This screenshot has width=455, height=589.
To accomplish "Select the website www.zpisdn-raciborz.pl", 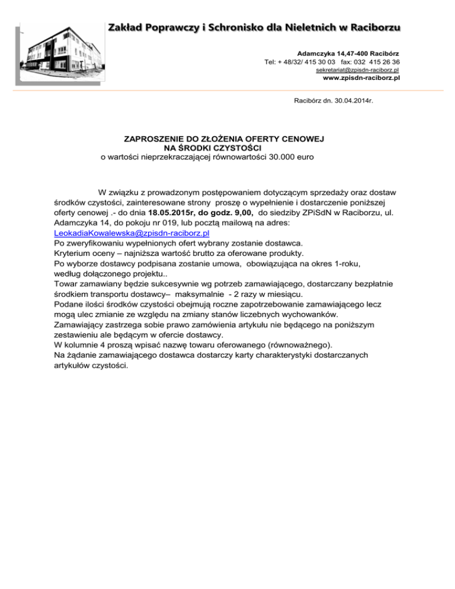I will [x=360, y=78].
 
